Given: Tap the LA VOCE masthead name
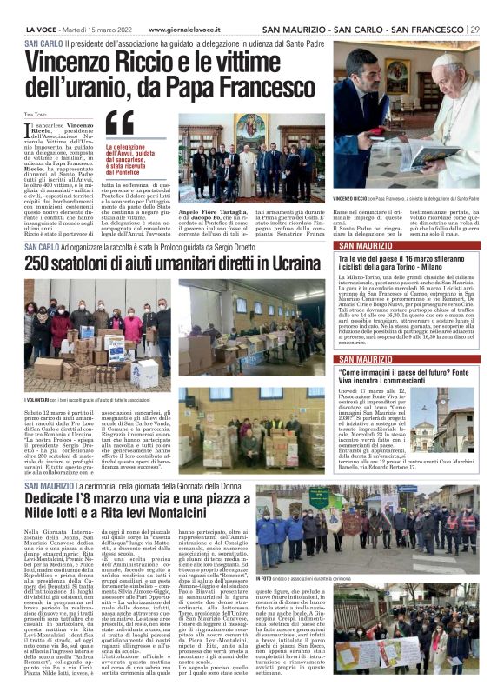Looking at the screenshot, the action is point(42,30).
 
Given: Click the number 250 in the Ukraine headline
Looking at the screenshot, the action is point(43,263).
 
